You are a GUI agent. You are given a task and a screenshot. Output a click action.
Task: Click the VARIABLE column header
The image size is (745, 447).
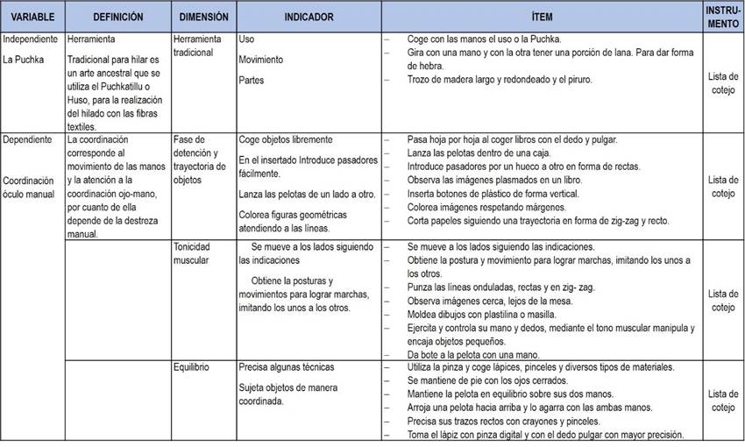coord(32,18)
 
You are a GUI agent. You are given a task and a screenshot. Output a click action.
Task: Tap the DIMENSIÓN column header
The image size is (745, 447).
coord(203,18)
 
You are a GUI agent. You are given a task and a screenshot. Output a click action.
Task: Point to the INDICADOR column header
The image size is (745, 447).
coord(309,18)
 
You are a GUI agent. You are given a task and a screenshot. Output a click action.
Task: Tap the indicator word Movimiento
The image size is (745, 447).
coord(260,60)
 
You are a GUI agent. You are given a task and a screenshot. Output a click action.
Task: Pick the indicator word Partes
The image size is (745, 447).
coord(252,80)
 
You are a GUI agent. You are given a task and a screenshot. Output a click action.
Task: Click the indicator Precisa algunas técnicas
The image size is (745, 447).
coord(286,367)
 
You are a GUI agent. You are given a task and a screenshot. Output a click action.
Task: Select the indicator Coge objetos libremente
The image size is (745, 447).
coord(285,139)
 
